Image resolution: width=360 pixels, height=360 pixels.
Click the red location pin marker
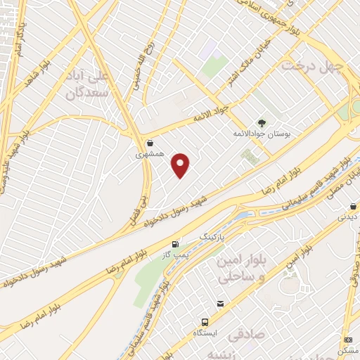click(x=181, y=165)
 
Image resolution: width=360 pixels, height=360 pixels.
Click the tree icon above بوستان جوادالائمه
click(x=262, y=123)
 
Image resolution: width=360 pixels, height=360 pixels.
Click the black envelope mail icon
click(x=221, y=304)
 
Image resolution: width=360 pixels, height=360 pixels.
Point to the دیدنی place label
click(x=349, y=217)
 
